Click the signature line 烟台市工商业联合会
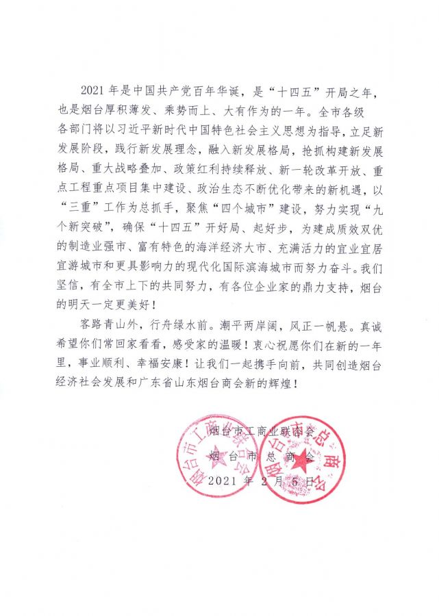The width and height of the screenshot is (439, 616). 262,432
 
